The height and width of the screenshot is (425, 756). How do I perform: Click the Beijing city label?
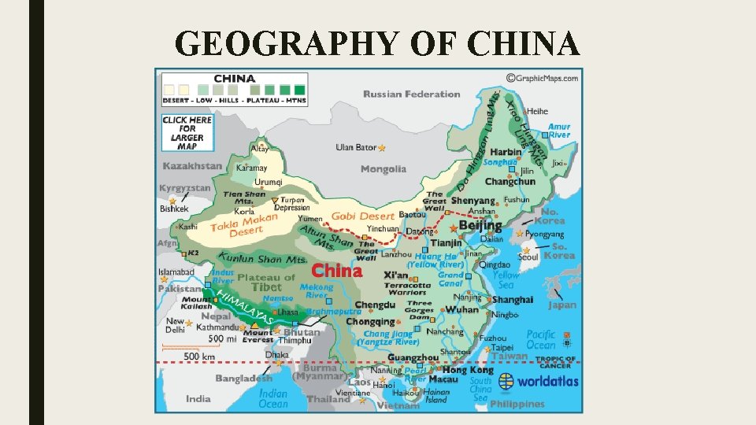coord(480,225)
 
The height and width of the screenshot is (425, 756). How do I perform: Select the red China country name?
coord(337,271)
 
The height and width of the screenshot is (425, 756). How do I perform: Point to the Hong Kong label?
coord(468,370)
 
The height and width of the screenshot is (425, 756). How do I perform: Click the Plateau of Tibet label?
coord(266,283)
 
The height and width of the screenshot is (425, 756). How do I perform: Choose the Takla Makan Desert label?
coord(244,225)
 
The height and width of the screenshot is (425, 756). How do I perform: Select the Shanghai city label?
coord(513,300)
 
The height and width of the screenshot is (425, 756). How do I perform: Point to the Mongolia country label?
coord(384,169)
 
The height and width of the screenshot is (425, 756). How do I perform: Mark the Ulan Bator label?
coord(356,147)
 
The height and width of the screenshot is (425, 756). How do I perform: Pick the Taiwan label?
coord(510,356)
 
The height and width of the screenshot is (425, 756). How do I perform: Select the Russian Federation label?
coord(411,94)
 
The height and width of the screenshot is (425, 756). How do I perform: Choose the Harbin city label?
coord(506,152)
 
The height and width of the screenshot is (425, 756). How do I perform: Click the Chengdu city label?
coord(375,305)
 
